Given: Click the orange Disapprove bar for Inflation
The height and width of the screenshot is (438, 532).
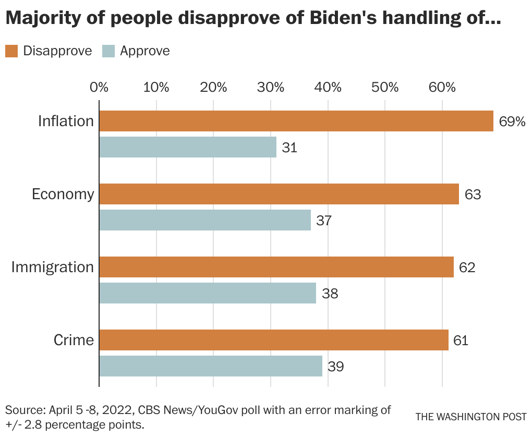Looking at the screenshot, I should coord(296,121).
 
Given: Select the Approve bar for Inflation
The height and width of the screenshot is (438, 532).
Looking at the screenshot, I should coord(188,147).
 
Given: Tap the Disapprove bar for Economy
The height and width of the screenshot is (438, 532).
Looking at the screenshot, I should coord(279,194).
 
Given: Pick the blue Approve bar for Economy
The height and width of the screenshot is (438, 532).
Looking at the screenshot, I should coord(205,220).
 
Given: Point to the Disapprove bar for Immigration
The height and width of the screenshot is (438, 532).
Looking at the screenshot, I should coord(276,267).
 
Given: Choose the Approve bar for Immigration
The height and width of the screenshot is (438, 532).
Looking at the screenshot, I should coord(208,293).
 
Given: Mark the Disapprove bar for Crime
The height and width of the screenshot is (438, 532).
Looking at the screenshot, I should coord(273,340).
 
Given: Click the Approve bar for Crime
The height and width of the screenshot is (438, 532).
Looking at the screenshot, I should coord(210,366).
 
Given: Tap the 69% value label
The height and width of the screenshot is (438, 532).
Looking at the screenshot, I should coord(512,121).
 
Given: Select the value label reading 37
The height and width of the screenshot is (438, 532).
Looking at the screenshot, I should coord(324,221).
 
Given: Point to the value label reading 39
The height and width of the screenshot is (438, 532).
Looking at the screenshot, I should coord(335,367).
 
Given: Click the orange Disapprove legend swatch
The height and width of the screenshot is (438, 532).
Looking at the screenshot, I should coord(11,51).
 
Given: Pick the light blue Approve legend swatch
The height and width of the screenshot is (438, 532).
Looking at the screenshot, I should coord(108,51).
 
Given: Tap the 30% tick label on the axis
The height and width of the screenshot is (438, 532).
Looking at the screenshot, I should coord(271,87).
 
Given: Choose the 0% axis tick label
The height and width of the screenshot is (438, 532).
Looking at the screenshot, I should coord(99,87).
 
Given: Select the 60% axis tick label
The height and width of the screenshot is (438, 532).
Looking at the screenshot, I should coord(442,87).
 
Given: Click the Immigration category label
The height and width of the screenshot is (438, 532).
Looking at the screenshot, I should coord(53,267).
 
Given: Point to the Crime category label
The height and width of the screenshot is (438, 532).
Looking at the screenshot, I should coord(74,340).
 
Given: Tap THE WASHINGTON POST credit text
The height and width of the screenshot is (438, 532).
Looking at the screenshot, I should coord(471,417).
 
